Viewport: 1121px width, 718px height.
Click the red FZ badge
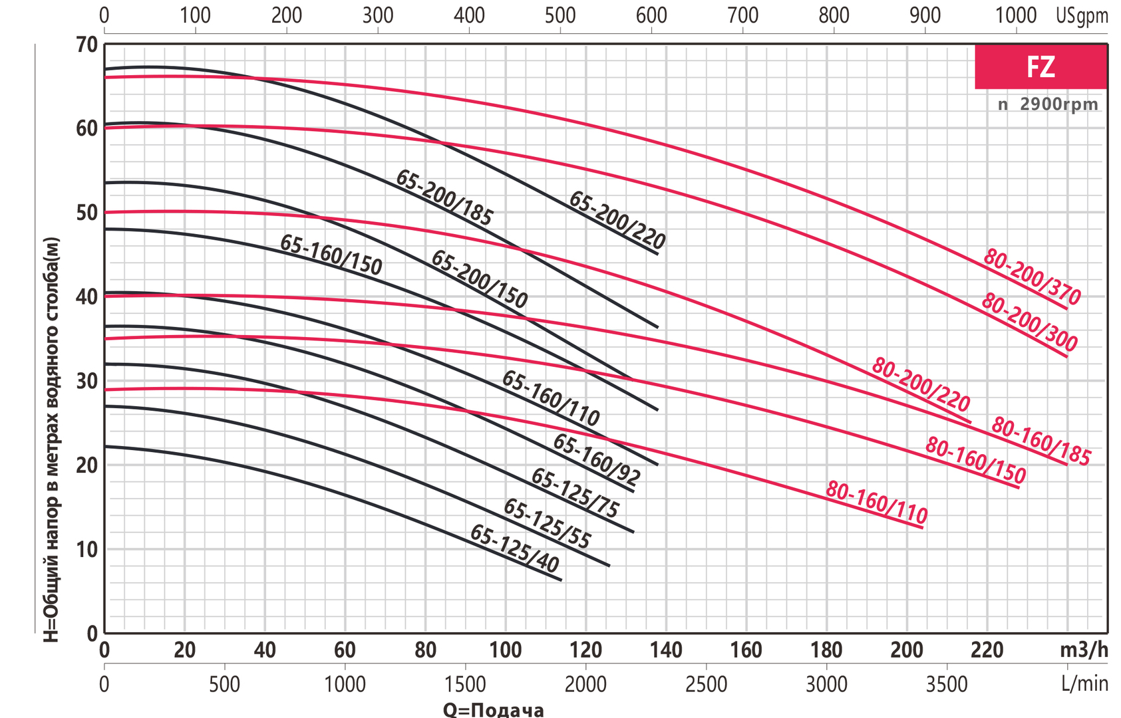click(x=1041, y=66)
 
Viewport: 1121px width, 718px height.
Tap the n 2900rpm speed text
click(x=1048, y=104)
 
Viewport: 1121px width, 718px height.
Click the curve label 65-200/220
click(x=617, y=220)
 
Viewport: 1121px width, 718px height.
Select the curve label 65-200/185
click(x=444, y=197)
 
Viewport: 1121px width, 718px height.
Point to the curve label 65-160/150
click(x=331, y=255)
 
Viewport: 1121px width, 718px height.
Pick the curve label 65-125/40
click(x=514, y=549)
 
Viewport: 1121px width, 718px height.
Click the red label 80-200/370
click(x=1032, y=277)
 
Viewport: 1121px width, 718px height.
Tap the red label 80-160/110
click(x=876, y=503)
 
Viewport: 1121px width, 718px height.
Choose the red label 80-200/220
click(x=921, y=385)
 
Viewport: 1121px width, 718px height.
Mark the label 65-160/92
click(x=597, y=459)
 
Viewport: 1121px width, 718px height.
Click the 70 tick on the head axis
click(x=86, y=45)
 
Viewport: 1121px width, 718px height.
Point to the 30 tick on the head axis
click(x=86, y=381)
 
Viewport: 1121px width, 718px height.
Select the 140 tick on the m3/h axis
click(x=666, y=650)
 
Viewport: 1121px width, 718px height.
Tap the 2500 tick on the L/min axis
click(x=706, y=684)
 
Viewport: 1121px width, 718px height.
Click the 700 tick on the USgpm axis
click(x=743, y=15)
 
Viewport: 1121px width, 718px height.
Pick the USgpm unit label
click(x=1082, y=15)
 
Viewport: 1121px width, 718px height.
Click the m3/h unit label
click(x=1084, y=650)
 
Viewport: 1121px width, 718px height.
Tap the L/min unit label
click(x=1085, y=684)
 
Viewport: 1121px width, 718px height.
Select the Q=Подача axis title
click(x=493, y=709)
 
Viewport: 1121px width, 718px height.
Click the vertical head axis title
click(x=51, y=439)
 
